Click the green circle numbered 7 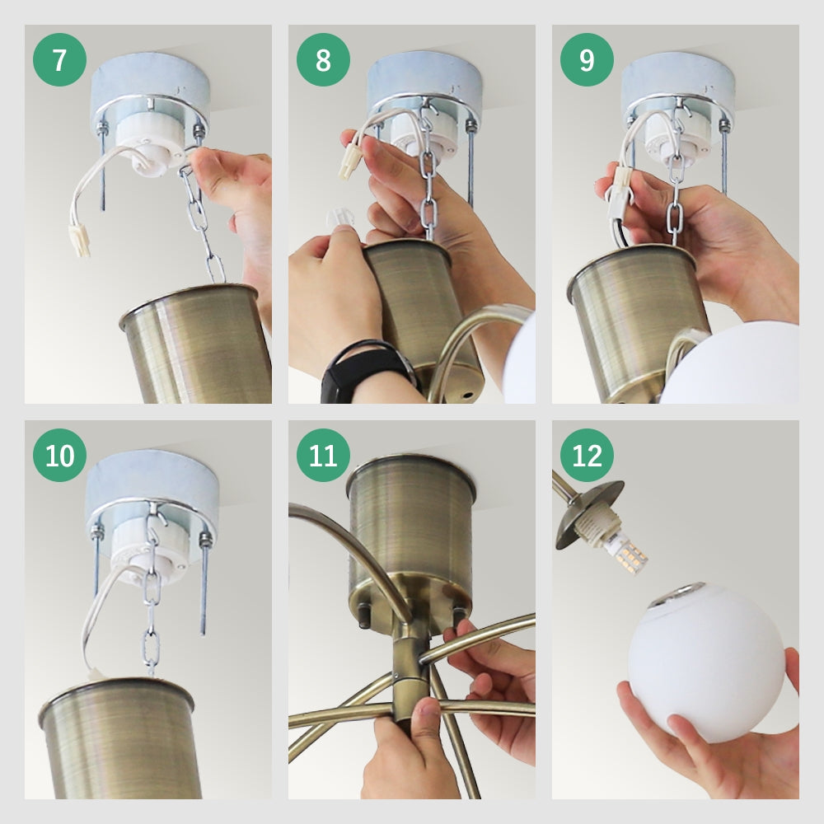pyautogui.click(x=59, y=59)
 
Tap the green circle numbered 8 pyautogui.click(x=323, y=59)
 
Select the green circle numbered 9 pyautogui.click(x=587, y=59)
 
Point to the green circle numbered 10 pyautogui.click(x=59, y=455)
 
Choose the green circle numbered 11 pyautogui.click(x=323, y=455)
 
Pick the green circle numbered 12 pyautogui.click(x=587, y=455)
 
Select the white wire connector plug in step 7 pyautogui.click(x=81, y=240)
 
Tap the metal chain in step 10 pyautogui.click(x=152, y=594)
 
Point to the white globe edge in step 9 pyautogui.click(x=730, y=363)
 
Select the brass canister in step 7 pyautogui.click(x=198, y=343)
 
